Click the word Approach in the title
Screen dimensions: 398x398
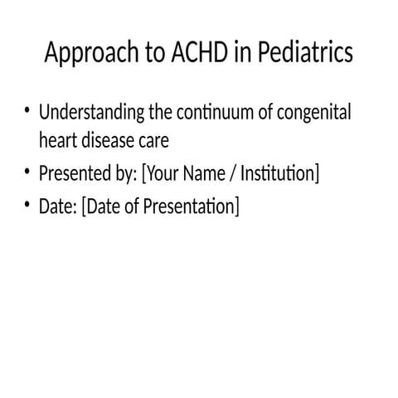pyautogui.click(x=85, y=54)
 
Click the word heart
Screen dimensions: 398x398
pyautogui.click(x=58, y=141)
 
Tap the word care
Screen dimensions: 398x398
pyautogui.click(x=153, y=141)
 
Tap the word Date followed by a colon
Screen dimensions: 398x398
pyautogui.click(x=57, y=206)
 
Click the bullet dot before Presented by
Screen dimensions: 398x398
pyautogui.click(x=28, y=172)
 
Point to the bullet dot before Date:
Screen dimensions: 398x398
pyautogui.click(x=28, y=204)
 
